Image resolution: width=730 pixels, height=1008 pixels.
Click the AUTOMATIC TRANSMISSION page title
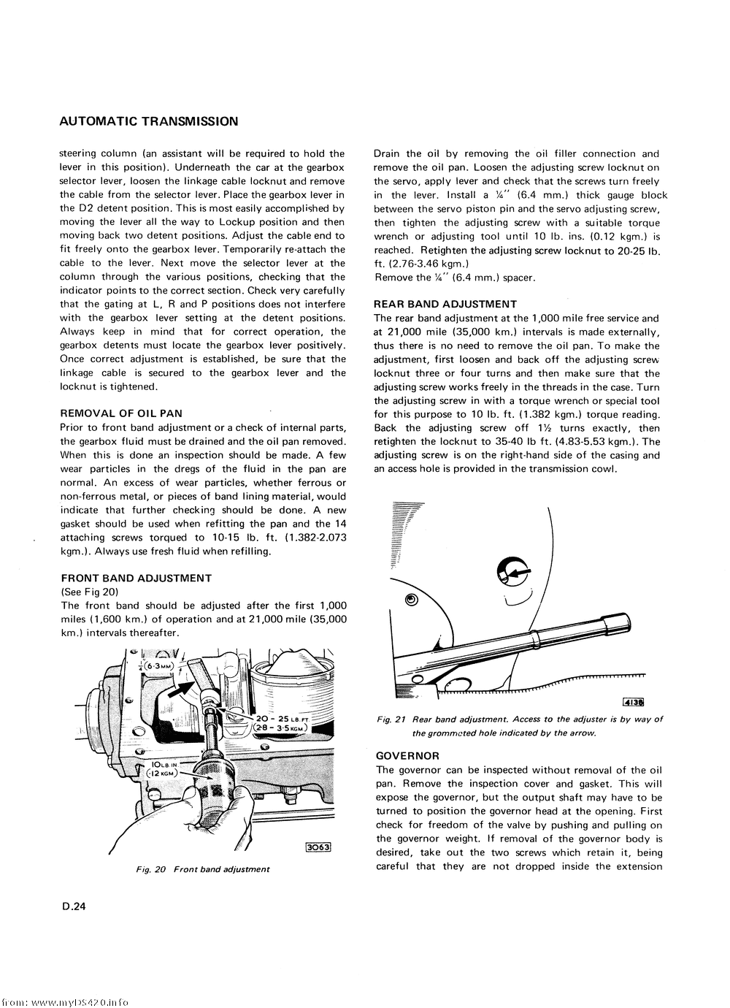[149, 121]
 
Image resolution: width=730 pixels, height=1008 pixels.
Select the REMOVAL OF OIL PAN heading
[121, 413]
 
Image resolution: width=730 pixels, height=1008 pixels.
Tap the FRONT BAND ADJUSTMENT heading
[137, 578]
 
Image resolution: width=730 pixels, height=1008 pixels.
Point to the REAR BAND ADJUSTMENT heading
[445, 304]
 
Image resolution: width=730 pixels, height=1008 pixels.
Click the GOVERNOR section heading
[407, 756]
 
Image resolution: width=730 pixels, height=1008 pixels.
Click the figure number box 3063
[318, 847]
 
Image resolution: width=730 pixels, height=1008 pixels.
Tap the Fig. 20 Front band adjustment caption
[203, 869]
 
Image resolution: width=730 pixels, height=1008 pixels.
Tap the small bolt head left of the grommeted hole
[411, 600]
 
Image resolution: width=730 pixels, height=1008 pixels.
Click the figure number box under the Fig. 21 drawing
[632, 703]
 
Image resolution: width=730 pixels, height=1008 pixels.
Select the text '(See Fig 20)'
[90, 592]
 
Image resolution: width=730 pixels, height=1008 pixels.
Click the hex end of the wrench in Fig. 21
[623, 622]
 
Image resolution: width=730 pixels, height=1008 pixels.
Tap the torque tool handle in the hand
[212, 789]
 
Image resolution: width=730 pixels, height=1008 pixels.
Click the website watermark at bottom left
[66, 1001]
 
